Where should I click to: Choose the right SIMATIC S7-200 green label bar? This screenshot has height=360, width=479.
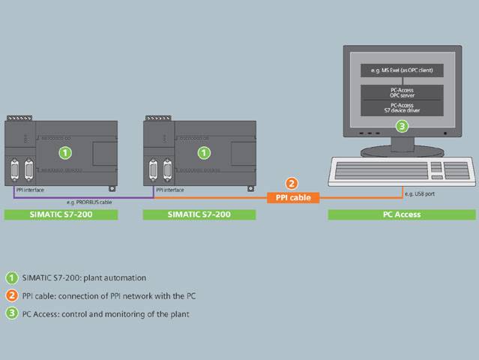(199, 214)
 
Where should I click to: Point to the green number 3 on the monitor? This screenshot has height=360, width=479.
(403, 126)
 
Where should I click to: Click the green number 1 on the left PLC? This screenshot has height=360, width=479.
(65, 152)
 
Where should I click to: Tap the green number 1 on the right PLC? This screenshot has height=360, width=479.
(203, 152)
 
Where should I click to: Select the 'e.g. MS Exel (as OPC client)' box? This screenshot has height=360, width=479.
(402, 70)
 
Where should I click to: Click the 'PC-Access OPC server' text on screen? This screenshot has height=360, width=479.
(402, 92)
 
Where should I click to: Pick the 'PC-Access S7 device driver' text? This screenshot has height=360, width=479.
(402, 108)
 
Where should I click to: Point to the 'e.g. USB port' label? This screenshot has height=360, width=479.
(418, 194)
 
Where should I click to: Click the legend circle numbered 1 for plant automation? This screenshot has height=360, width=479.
(11, 277)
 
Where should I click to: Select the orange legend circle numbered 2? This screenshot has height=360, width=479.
(11, 295)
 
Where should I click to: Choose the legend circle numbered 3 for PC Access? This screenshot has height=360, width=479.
(11, 313)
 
